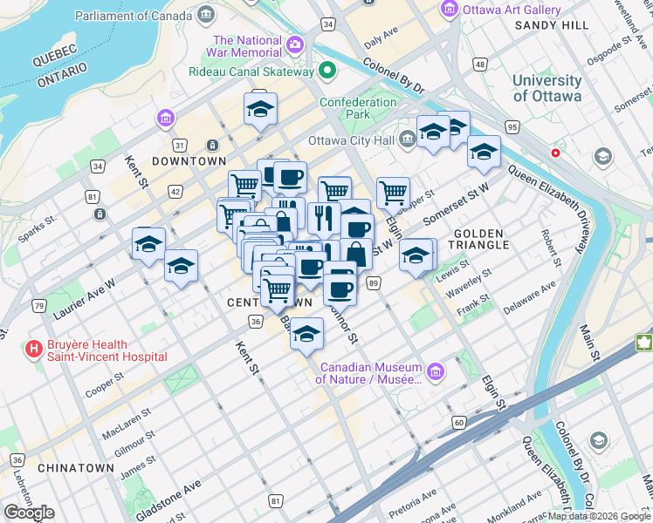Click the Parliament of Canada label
[134, 16]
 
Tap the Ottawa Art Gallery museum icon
[450, 9]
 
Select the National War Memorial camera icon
[295, 44]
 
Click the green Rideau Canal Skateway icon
[328, 71]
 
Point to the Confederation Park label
[358, 108]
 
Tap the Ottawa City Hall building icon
[408, 139]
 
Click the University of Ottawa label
[546, 88]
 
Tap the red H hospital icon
[34, 350]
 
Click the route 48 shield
[480, 65]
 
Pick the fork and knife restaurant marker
[323, 217]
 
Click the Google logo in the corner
[30, 512]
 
